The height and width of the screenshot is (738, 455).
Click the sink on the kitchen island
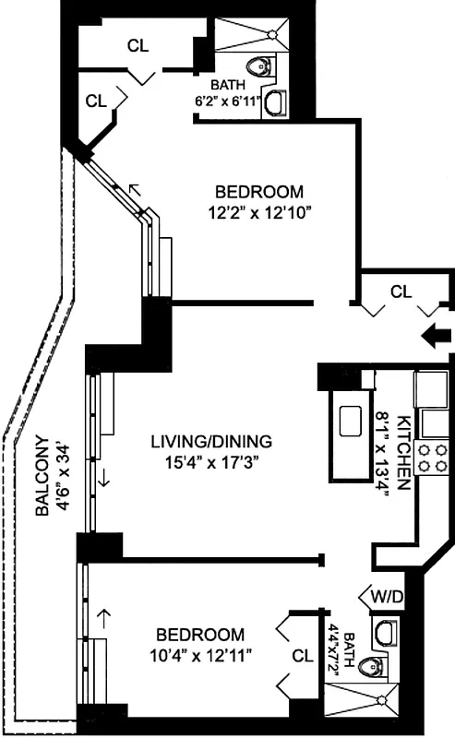pos(352,421)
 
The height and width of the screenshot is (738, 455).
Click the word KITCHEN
pos(403,453)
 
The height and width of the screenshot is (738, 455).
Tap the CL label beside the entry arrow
pos(400,292)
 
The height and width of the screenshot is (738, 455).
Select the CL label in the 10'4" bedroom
pos(301,657)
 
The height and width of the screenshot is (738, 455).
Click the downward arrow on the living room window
pos(104,479)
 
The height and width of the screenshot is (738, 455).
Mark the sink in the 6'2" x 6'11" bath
pos(275,103)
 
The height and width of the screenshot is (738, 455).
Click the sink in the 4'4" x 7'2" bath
pos(386,631)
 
